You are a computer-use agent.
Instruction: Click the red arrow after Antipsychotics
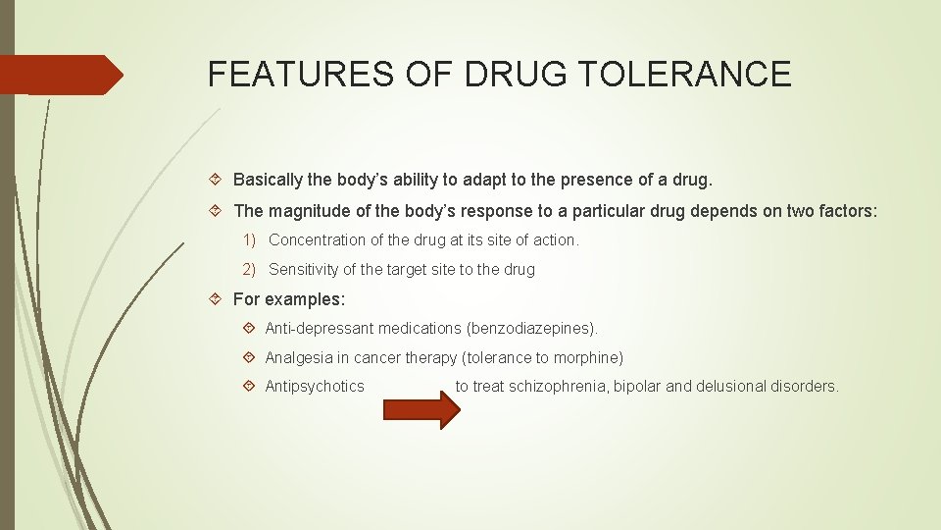coord(421,408)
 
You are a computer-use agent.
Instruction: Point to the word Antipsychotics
coord(315,387)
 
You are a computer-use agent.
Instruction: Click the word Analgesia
coord(297,357)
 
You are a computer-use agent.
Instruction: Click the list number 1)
coord(250,240)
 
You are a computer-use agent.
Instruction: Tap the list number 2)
coord(250,270)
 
